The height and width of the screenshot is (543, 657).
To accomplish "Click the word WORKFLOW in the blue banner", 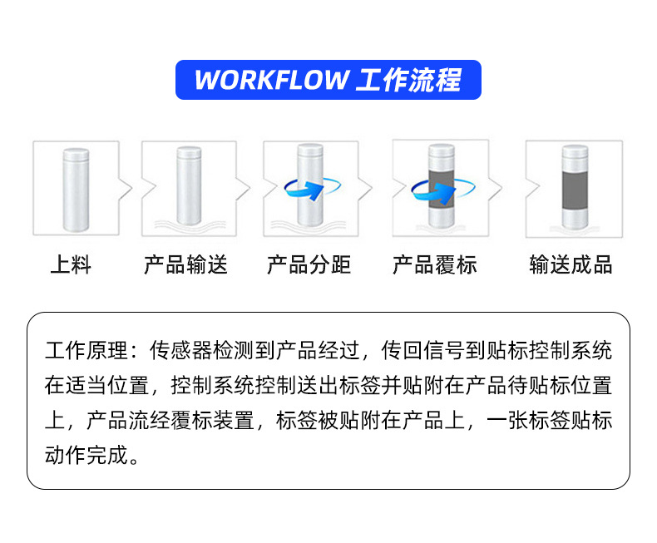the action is [270, 80].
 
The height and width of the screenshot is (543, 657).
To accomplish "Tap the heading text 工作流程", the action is [408, 80].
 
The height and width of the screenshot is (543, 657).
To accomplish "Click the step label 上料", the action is [71, 265].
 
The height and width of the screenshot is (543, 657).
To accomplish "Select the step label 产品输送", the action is [185, 265].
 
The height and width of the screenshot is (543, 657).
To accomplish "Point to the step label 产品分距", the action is [309, 265].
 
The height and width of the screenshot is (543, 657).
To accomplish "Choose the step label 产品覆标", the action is [435, 265].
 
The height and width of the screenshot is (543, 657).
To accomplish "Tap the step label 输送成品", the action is [571, 265].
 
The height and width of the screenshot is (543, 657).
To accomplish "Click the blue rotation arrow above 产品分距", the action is [307, 190].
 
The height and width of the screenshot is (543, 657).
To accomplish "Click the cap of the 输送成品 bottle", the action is [574, 154].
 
